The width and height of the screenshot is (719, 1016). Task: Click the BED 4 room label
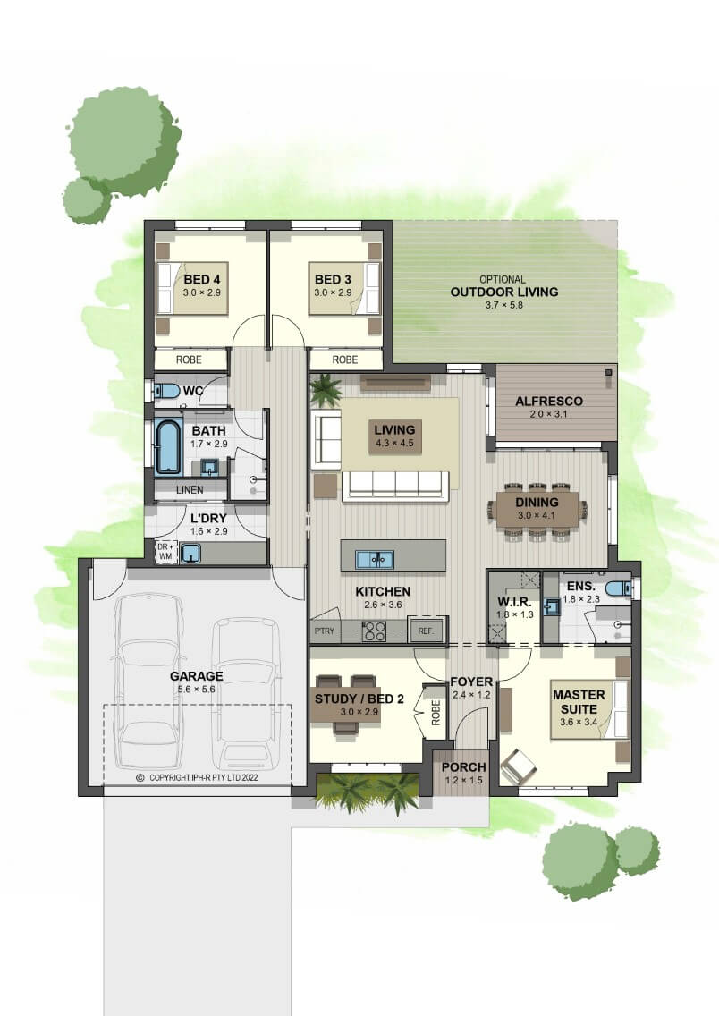click(201, 280)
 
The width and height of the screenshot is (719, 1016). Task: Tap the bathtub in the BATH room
click(168, 447)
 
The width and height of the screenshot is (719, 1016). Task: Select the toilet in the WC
click(168, 391)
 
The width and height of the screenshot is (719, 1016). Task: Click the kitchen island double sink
click(375, 559)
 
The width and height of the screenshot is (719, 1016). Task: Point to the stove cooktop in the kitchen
click(375, 631)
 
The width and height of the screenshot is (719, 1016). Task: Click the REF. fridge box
click(427, 630)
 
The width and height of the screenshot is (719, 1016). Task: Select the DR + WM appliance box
click(165, 552)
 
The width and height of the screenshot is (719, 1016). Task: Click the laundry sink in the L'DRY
click(190, 553)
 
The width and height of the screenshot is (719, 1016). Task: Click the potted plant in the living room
click(326, 391)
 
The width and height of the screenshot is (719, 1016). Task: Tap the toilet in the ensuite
click(618, 588)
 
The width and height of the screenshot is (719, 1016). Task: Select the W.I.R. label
click(515, 603)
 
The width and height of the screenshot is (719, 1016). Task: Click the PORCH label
click(463, 767)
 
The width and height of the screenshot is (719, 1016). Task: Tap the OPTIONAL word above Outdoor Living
click(503, 279)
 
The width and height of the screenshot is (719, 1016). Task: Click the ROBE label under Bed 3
click(344, 360)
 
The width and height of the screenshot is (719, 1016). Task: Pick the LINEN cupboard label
click(190, 490)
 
